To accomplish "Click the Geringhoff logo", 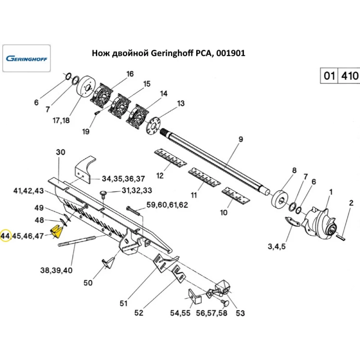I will pos(27,58).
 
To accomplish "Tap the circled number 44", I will pos(5,236).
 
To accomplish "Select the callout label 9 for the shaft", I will pos(241,139).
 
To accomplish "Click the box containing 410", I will pos(349,76).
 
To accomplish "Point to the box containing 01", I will pos(328,76).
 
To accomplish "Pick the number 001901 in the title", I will pos(231,53).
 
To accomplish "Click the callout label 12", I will pos(160,176).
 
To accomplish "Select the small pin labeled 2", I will pos(342,236).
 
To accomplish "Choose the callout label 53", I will pos(240,313).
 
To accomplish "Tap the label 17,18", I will pos(61,121).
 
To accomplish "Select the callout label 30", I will pos(61,152).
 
